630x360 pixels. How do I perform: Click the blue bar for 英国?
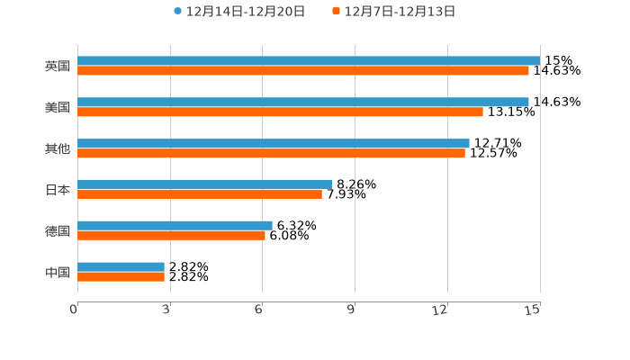coord(309,61)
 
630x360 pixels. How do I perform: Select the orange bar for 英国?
coord(303,71)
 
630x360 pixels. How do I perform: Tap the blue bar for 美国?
coord(303,103)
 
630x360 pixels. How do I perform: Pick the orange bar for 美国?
coord(280,112)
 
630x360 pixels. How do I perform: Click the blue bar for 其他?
coord(274,143)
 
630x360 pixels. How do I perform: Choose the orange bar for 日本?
coord(200,194)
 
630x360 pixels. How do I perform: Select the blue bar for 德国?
coord(175,226)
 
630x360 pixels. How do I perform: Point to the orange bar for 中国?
coord(121,276)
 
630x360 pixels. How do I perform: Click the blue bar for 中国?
coord(121,266)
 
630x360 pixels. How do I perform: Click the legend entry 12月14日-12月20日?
coord(239,12)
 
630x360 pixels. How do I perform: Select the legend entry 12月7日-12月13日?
coord(394,12)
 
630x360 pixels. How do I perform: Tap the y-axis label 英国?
coord(58,66)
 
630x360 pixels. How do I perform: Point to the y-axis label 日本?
coord(58,189)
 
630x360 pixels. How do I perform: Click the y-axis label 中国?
coord(58,272)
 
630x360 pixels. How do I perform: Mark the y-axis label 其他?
coord(58,148)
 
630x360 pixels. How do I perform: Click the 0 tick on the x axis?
coord(75,310)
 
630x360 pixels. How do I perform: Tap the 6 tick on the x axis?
coord(259,310)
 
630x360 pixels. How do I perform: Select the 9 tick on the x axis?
coord(352,310)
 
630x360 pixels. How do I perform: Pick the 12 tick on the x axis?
coord(441,310)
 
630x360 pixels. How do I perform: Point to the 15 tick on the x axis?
coord(534,310)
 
